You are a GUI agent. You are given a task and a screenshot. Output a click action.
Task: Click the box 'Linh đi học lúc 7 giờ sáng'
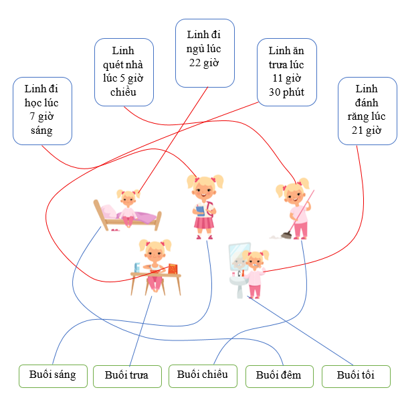click(x=43, y=111)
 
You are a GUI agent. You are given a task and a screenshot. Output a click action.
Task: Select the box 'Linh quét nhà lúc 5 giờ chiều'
click(x=124, y=72)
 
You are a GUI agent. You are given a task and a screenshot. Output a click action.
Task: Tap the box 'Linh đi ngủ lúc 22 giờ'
click(x=205, y=53)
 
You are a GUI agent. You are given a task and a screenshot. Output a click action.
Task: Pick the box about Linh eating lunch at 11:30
click(x=287, y=72)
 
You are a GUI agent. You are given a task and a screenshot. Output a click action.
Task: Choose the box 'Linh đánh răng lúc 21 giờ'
click(x=367, y=111)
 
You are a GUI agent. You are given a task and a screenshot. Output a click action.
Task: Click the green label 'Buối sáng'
click(x=53, y=376)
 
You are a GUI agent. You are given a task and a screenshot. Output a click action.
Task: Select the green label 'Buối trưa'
click(x=127, y=376)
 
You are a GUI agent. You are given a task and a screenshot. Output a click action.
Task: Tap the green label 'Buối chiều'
click(x=203, y=376)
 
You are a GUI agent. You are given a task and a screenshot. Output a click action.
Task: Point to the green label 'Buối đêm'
click(x=280, y=376)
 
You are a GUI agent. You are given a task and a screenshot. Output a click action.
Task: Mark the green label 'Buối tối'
click(x=356, y=376)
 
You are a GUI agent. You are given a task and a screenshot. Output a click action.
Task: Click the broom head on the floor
click(x=286, y=235)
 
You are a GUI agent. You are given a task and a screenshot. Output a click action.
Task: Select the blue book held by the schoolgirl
click(x=200, y=210)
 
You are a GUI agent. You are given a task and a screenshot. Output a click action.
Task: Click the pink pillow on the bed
click(x=108, y=211)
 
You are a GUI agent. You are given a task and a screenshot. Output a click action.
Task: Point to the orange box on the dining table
click(x=173, y=269)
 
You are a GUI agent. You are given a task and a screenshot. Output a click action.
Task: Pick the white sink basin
click(x=238, y=280)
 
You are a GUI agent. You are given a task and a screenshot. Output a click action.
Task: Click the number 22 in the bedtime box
click(x=195, y=63)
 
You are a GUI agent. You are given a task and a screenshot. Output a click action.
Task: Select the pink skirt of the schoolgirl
click(x=204, y=223)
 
